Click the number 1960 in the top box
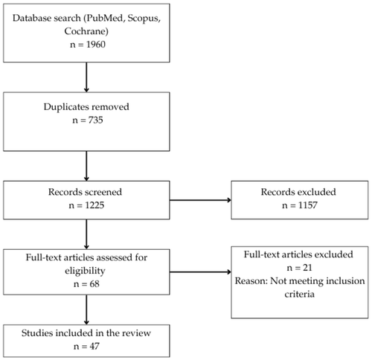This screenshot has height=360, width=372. [96, 45]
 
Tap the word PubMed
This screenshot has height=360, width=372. [104, 18]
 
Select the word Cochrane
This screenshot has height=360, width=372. [85, 31]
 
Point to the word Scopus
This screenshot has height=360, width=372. [143, 19]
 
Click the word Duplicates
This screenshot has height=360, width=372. [66, 107]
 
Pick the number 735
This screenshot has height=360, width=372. [95, 120]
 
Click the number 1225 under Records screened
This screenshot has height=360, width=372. [94, 205]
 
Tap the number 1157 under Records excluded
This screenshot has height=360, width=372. [307, 205]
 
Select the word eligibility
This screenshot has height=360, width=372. [85, 271]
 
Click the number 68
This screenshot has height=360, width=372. [94, 284]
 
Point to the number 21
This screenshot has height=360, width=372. [307, 268]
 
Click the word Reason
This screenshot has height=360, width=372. [250, 281]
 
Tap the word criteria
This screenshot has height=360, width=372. [300, 294]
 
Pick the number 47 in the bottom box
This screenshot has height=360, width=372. [94, 347]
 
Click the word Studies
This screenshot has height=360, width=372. [37, 333]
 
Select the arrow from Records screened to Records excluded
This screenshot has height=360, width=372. [200, 200]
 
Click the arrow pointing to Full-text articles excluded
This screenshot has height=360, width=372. [200, 272]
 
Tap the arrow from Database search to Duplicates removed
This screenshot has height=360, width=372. [86, 77]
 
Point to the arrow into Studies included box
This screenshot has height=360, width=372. [86, 309]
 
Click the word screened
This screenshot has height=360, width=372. [103, 192]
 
